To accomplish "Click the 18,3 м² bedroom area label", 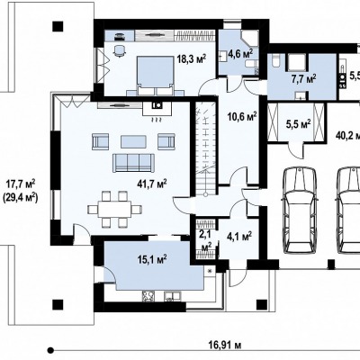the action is [x=192, y=58].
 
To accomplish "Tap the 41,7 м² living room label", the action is [x=152, y=184].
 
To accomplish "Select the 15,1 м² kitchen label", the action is [x=152, y=259].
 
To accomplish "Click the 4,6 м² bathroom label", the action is [x=240, y=53].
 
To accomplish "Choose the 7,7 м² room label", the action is [x=303, y=79].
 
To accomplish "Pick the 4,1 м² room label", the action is [x=239, y=237].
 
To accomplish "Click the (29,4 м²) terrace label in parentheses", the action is [x=20, y=197].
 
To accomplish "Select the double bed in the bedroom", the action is [x=156, y=73].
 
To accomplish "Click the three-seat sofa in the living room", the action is [x=133, y=163].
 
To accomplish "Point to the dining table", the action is [x=114, y=209].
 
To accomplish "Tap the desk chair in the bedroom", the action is [x=119, y=50].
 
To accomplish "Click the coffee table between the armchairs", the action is [x=133, y=141].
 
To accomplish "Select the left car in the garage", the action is [x=300, y=211].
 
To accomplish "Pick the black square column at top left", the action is [x=58, y=26].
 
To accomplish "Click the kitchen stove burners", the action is [x=148, y=296].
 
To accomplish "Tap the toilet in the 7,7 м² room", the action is [x=274, y=61].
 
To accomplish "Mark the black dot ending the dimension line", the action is [x=51, y=350].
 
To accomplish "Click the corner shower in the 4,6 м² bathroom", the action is [x=250, y=38].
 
